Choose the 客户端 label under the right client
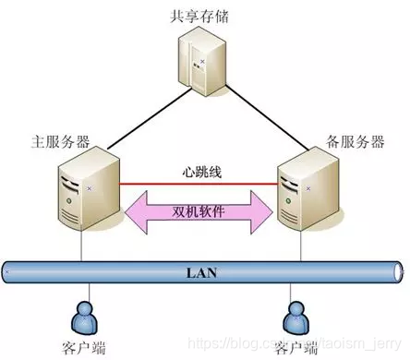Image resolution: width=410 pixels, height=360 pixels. pyautogui.click(x=296, y=347)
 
